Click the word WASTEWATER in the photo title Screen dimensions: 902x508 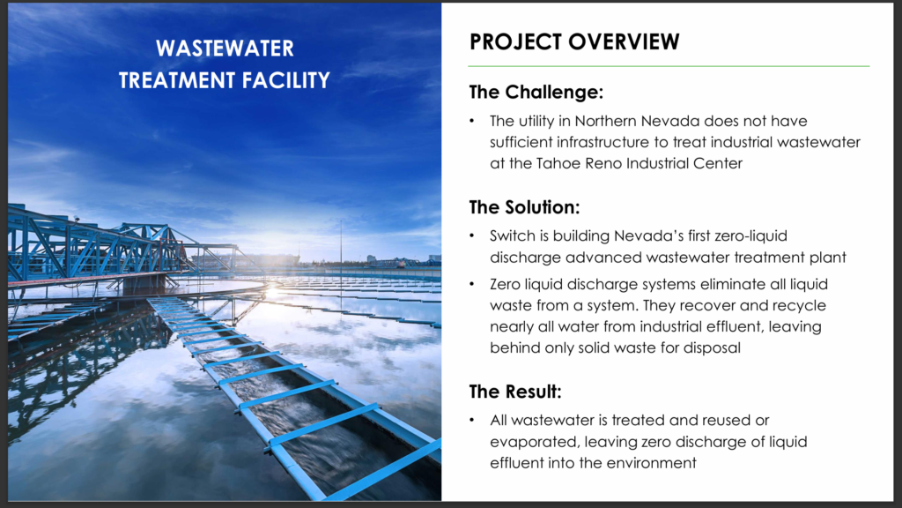(225, 49)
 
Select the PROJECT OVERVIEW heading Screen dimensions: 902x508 (574, 41)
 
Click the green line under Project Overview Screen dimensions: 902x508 (669, 66)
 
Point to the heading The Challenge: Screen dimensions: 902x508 (536, 92)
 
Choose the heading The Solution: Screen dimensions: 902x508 (525, 207)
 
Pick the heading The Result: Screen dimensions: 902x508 (515, 392)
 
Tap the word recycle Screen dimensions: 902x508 (798, 305)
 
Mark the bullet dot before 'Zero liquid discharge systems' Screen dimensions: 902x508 (472, 285)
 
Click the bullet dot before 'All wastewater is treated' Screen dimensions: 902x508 (472, 421)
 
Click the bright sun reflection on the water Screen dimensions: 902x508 (273, 293)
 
